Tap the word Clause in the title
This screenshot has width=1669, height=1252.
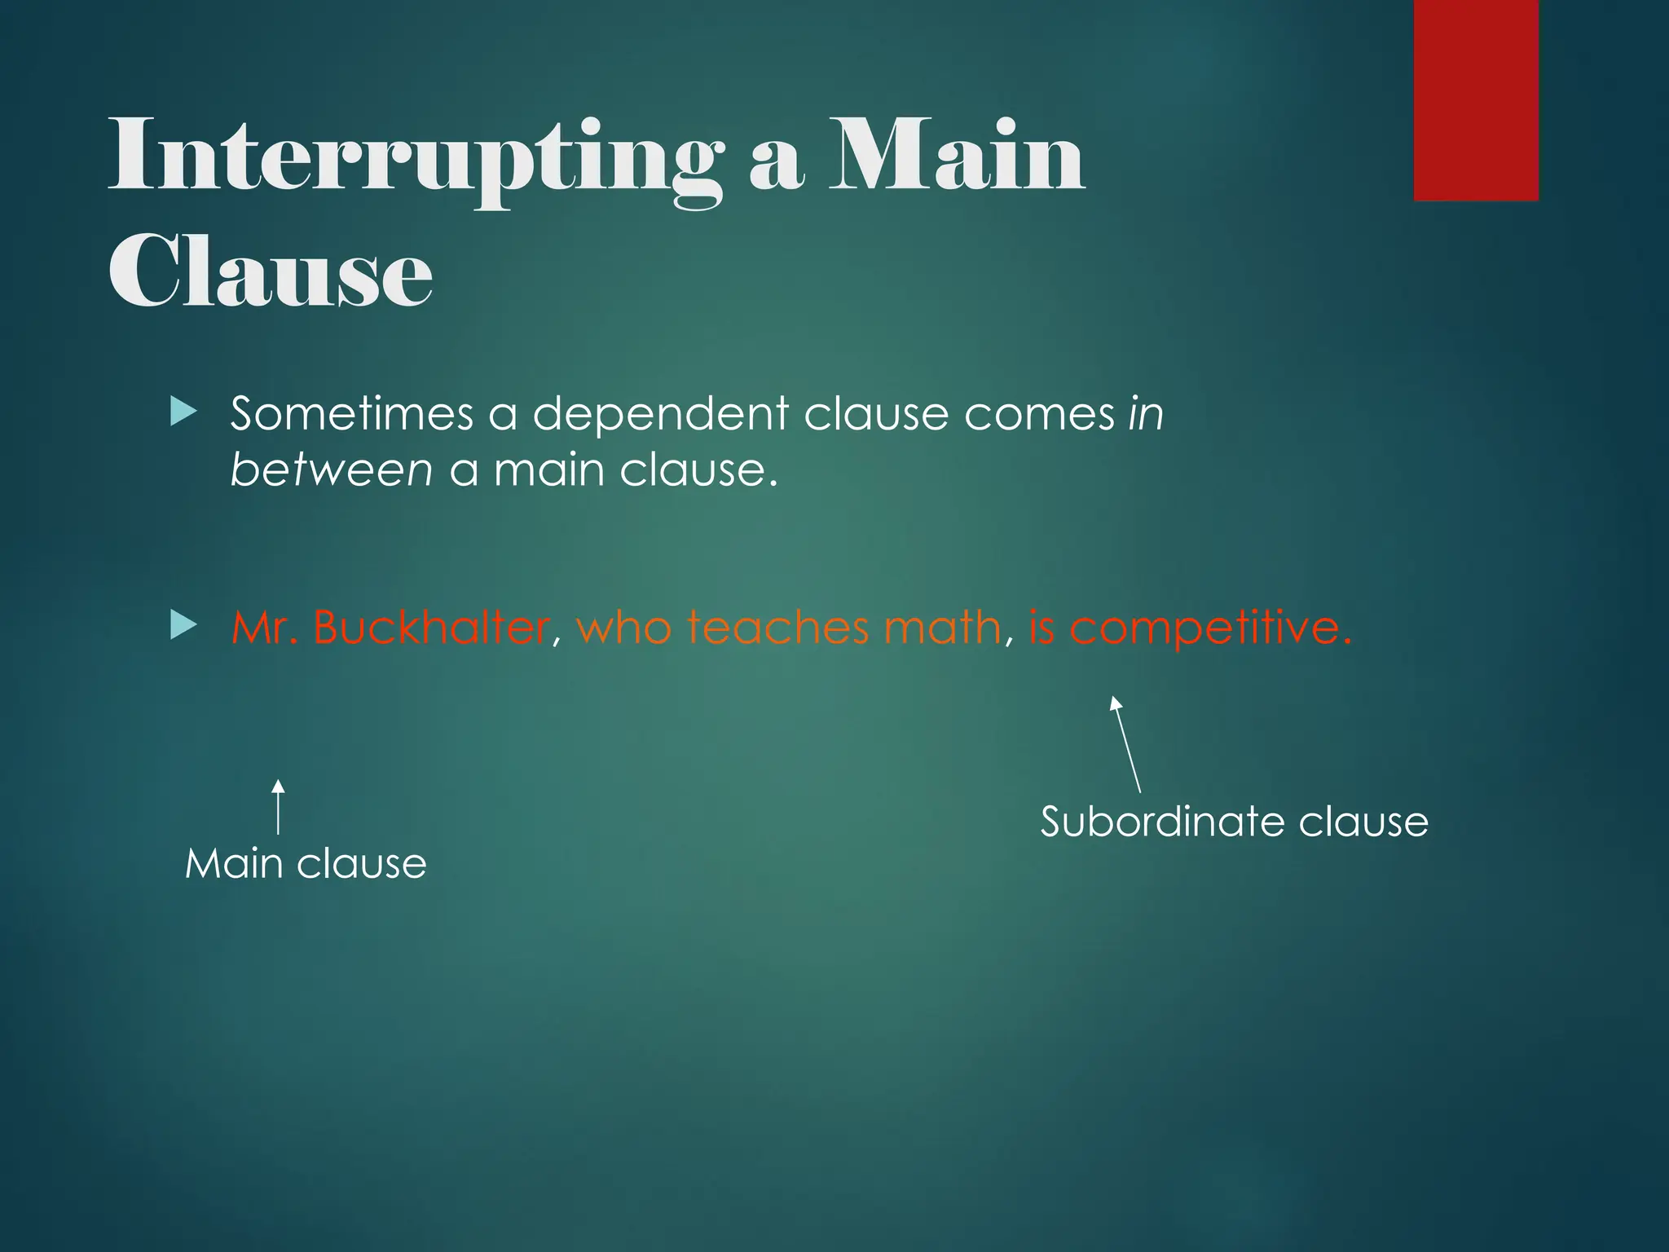click(271, 271)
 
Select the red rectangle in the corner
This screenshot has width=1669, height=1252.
click(1476, 99)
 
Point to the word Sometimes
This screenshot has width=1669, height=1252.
click(351, 413)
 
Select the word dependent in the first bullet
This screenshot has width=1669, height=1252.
click(660, 413)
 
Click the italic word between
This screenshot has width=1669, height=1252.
click(331, 470)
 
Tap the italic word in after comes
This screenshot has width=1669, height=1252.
click(1145, 413)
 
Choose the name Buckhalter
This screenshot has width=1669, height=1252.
click(430, 627)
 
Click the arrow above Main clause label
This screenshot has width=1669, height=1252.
click(278, 807)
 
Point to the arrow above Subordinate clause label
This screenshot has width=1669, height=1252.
click(1127, 744)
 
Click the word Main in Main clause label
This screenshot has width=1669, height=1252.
click(233, 863)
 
